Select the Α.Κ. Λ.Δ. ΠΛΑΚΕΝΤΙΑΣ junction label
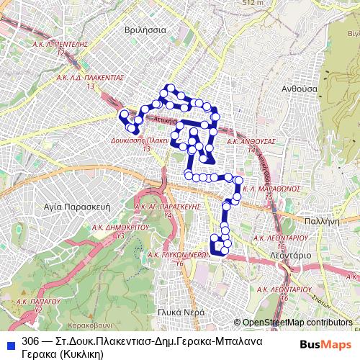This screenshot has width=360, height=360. tap(90, 77)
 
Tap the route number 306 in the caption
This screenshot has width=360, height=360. tap(30, 341)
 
